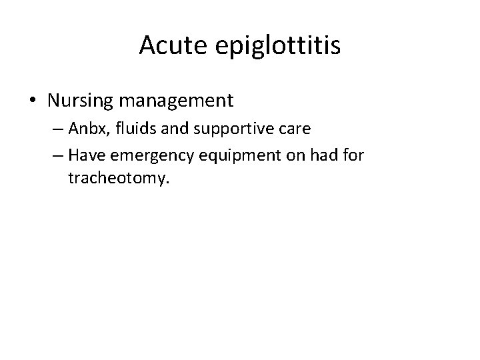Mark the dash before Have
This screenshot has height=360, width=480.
(x=58, y=156)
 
